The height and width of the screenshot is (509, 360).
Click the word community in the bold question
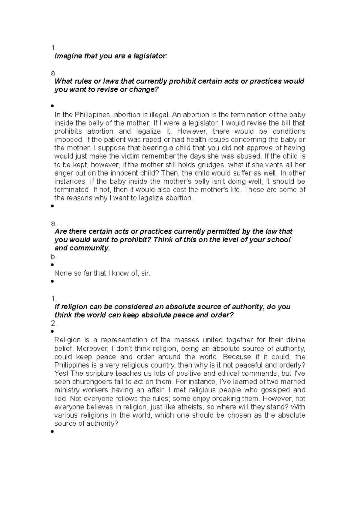(x=89, y=248)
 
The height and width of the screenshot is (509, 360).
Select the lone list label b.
(x=54, y=257)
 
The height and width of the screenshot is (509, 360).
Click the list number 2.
(x=54, y=324)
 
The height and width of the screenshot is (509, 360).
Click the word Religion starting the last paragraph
(x=67, y=340)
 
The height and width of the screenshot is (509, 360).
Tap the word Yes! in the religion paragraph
(x=61, y=374)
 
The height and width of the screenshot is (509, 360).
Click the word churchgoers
(x=96, y=382)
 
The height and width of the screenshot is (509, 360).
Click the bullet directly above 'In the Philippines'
(x=52, y=106)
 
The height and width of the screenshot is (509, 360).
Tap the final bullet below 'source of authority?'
(x=52, y=432)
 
